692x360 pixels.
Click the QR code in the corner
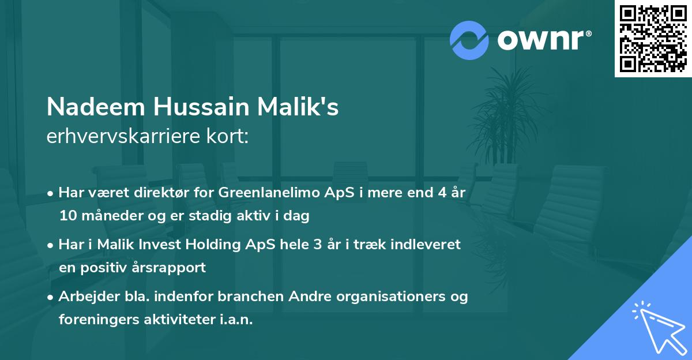coord(653,38)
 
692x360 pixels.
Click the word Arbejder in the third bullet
coord(84,297)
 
